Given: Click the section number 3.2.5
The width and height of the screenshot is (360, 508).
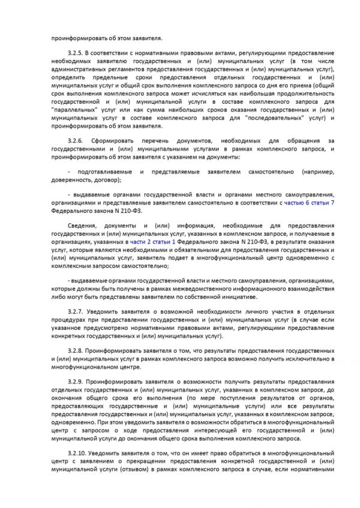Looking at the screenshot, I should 77,53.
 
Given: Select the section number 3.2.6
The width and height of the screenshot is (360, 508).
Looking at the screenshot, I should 77,140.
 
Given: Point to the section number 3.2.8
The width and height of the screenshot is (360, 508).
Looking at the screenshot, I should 77,348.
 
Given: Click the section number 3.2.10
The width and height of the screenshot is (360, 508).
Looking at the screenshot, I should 78,467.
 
